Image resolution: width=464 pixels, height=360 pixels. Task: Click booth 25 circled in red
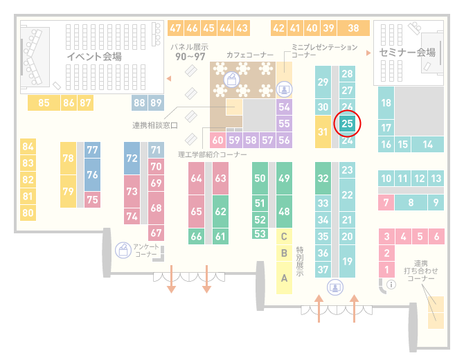[347, 123]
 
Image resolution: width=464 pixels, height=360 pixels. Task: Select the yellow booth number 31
[323, 132]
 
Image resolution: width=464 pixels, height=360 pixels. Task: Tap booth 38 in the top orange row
[354, 28]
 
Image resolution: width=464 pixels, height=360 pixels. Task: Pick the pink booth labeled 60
[217, 140]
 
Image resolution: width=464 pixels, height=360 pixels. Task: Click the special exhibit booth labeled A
[284, 278]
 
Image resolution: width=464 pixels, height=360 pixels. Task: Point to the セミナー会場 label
[407, 53]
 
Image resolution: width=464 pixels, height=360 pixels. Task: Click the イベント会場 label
[94, 56]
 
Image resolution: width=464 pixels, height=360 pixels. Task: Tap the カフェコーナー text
[250, 55]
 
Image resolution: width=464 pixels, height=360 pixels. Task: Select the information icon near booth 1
[391, 285]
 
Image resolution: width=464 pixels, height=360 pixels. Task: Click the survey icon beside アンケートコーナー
[123, 250]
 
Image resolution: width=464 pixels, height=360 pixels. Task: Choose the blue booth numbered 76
[92, 174]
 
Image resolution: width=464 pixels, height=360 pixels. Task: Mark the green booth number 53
[260, 234]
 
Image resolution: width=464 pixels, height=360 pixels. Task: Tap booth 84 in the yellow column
[28, 147]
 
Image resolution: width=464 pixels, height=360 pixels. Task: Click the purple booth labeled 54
[284, 107]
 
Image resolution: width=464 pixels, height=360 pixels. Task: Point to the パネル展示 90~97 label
[190, 52]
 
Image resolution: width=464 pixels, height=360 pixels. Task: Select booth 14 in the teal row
[427, 145]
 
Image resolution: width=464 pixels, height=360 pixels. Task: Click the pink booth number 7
[386, 203]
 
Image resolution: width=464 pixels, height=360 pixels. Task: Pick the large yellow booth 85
[44, 102]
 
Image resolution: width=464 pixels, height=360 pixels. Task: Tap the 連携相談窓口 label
[154, 125]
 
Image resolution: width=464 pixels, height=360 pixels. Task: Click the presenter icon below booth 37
[335, 287]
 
